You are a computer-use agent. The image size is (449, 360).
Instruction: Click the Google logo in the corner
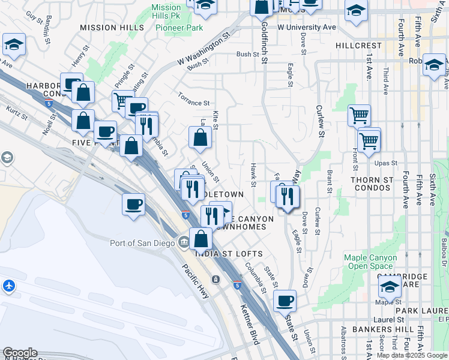pyautogui.click(x=19, y=353)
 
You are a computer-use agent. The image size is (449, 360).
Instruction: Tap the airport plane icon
pyautogui.click(x=9, y=286)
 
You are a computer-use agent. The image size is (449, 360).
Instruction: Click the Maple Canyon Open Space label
pyautogui.click(x=370, y=262)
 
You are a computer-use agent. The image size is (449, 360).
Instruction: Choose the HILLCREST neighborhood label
pyautogui.click(x=359, y=46)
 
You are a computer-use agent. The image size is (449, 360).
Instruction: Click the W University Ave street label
pyautogui.click(x=306, y=28)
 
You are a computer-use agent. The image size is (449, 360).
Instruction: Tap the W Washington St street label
pyautogui.click(x=204, y=50)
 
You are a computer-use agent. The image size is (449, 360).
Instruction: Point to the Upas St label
pyautogui.click(x=386, y=163)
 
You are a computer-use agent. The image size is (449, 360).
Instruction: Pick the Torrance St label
pyautogui.click(x=193, y=103)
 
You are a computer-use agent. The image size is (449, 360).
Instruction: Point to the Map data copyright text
pyautogui.click(x=412, y=355)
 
